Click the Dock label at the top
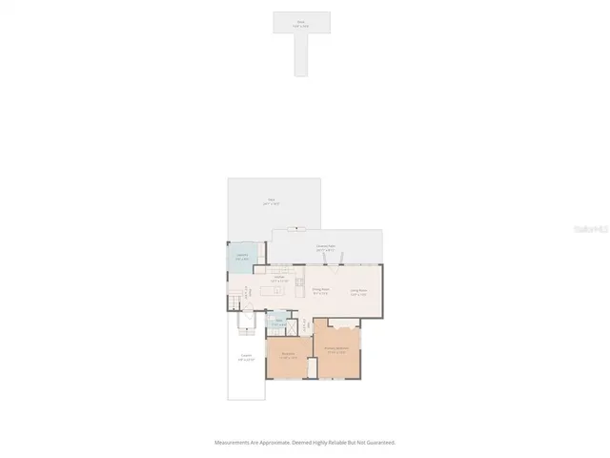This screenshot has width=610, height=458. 301,20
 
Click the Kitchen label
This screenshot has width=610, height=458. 279,279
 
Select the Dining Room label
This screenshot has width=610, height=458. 320,292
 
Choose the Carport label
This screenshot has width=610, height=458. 246,358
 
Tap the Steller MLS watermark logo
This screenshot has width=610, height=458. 581,230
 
